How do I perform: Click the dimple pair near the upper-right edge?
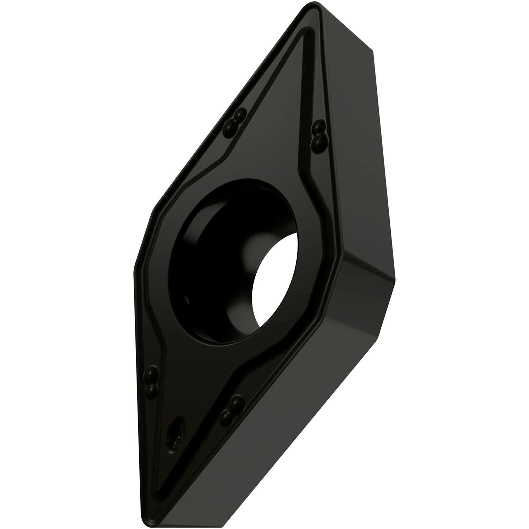319,133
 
